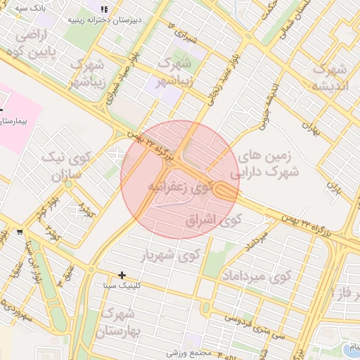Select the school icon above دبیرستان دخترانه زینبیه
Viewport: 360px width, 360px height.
104,10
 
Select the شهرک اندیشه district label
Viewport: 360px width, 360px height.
330,78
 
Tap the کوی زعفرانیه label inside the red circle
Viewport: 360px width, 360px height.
179,187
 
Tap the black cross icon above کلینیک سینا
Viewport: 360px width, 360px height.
122,274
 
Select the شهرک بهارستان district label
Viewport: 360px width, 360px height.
120,322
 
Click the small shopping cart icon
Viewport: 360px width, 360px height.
19,231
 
